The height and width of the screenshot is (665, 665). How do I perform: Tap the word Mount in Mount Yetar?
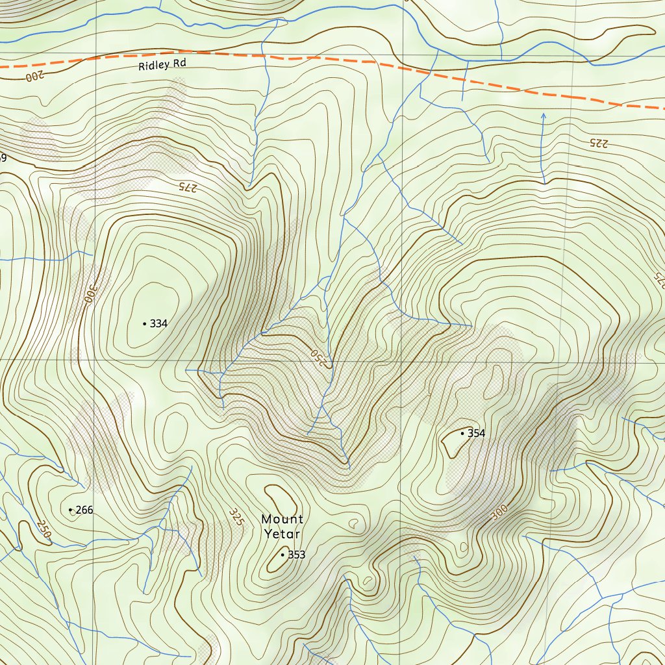coord(282,519)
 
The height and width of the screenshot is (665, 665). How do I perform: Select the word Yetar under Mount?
coord(282,534)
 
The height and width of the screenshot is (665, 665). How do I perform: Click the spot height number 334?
coord(159,323)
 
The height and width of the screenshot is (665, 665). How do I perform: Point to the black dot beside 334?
coord(144,323)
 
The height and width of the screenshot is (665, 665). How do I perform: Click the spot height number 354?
coord(476,433)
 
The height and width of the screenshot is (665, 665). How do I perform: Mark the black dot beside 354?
coord(462,433)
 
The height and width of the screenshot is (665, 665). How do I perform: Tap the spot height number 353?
coord(296,555)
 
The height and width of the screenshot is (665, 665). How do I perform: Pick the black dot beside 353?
coord(282,555)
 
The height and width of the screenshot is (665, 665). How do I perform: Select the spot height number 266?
coord(84,510)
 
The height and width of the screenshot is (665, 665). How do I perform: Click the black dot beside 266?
coord(70,510)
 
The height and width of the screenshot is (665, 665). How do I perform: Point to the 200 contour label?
coord(32,76)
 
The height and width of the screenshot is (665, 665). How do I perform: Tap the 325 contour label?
coord(236,517)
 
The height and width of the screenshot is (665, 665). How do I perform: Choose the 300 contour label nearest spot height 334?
coord(88,295)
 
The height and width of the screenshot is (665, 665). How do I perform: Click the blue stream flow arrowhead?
coord(544,116)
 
